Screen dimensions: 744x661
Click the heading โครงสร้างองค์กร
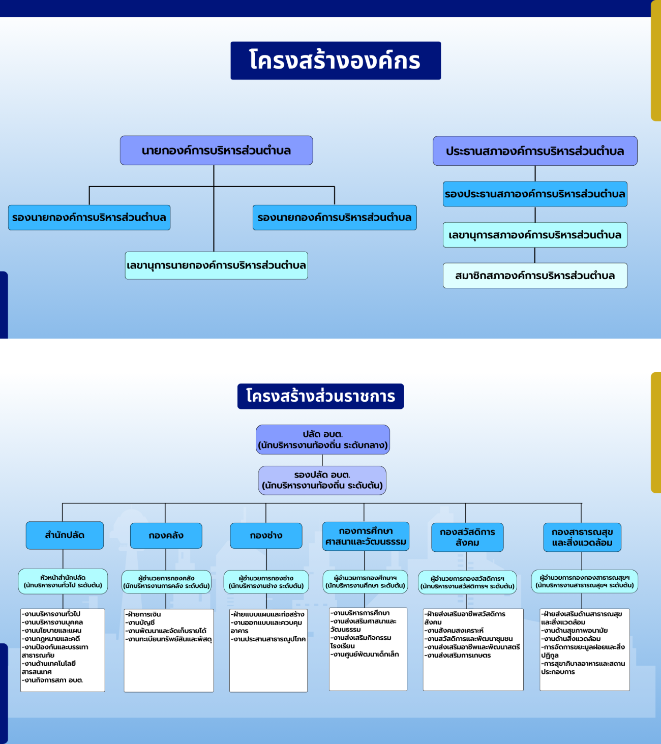(x=335, y=61)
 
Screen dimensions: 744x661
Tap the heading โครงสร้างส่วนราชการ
(x=320, y=396)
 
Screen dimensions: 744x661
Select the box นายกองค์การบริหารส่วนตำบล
(x=216, y=151)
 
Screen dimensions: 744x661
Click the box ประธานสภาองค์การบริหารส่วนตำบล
(x=535, y=151)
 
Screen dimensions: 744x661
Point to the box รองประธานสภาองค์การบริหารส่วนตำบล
(x=535, y=194)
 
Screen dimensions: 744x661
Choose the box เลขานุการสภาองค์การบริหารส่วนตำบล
(x=535, y=235)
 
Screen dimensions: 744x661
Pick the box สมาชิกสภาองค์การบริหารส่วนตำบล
(x=535, y=276)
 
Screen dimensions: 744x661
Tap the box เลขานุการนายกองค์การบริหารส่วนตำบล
(x=217, y=265)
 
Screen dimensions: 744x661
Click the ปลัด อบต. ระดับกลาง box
(x=323, y=439)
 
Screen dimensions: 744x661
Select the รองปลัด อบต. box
(x=322, y=480)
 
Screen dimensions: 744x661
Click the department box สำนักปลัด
(x=65, y=535)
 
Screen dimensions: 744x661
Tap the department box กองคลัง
(x=166, y=535)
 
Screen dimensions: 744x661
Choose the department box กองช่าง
(x=266, y=535)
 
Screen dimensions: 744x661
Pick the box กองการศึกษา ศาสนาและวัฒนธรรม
(x=366, y=537)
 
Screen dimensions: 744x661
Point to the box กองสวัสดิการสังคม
(x=467, y=537)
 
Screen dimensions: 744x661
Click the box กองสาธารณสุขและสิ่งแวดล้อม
(x=582, y=537)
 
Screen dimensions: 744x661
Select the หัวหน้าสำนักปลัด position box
(x=63, y=581)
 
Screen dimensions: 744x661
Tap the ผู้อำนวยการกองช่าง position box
(x=266, y=582)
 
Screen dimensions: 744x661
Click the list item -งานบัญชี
(x=142, y=622)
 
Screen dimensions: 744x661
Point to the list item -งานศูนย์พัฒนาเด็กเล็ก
(x=365, y=654)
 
